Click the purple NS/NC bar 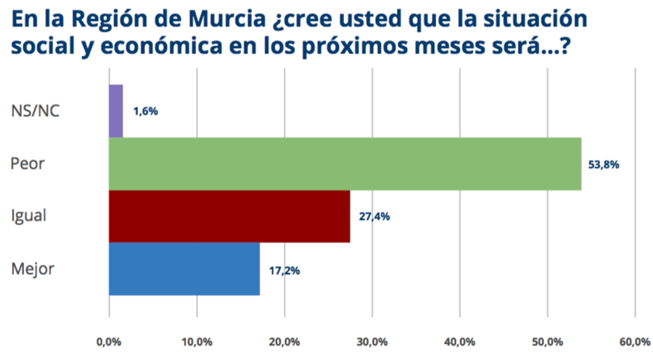click(115, 111)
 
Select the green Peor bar click(345, 163)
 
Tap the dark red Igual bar click(229, 216)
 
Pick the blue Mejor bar click(184, 269)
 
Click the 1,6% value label click(145, 112)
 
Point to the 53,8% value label click(604, 164)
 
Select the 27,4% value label click(374, 216)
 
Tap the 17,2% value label click(283, 270)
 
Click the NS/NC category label click(37, 111)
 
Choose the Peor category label click(28, 163)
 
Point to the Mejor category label click(33, 269)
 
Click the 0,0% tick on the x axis click(109, 342)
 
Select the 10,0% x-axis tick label click(197, 342)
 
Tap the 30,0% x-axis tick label click(372, 342)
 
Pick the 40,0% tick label click(460, 342)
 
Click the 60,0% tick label click(635, 342)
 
